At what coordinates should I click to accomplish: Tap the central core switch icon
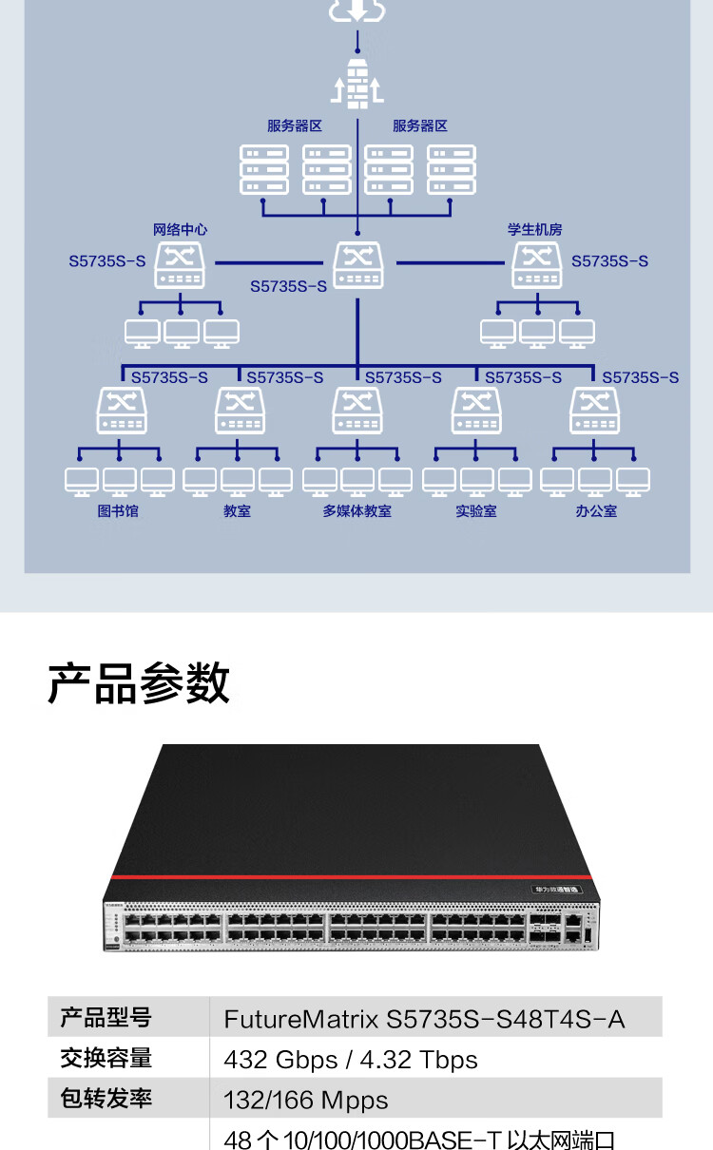click(357, 264)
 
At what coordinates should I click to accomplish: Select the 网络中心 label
click(180, 229)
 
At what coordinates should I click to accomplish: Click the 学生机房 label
click(534, 229)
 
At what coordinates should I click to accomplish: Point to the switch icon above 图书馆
click(122, 411)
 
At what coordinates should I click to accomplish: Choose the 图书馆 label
click(118, 510)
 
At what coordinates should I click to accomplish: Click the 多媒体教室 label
click(356, 510)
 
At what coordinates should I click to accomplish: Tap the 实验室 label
click(475, 510)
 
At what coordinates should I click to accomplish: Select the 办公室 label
click(596, 510)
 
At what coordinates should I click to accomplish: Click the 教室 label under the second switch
click(237, 510)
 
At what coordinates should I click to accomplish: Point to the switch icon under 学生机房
click(537, 264)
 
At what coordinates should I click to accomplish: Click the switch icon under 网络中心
click(181, 264)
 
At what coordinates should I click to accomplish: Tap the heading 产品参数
click(139, 683)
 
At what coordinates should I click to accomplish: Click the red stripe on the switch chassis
click(352, 875)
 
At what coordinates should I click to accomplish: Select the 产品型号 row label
click(106, 1018)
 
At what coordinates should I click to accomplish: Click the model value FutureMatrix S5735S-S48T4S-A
click(424, 1020)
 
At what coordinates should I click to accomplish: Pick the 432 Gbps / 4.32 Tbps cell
click(350, 1060)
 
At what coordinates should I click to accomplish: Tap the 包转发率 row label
click(106, 1099)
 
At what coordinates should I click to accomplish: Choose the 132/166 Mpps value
click(305, 1101)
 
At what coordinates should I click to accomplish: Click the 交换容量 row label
click(106, 1059)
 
